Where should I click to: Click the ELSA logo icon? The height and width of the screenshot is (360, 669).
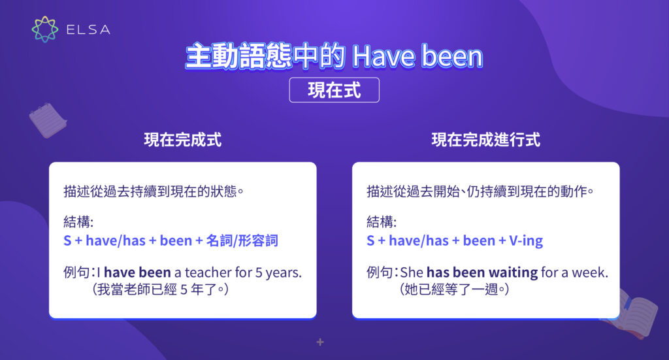(45, 29)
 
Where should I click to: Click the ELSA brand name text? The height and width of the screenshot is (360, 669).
(88, 30)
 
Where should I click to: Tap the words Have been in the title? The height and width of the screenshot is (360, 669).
(417, 57)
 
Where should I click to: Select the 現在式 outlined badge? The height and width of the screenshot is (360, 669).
(334, 90)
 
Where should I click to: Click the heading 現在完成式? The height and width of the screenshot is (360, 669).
(182, 140)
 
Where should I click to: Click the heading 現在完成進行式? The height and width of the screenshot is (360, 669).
(485, 140)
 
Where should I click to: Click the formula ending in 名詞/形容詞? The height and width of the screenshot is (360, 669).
(171, 240)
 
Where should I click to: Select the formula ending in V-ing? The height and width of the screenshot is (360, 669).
(455, 240)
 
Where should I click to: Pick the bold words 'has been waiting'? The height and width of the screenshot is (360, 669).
(482, 272)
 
